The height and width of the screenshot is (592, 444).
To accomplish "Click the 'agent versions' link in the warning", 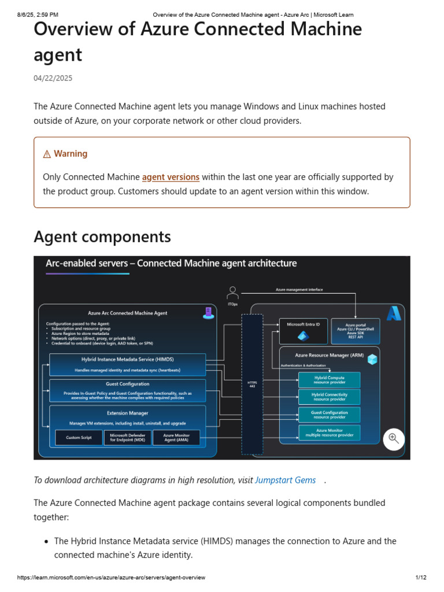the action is [171, 177].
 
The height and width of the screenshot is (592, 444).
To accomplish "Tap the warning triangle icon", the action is [47, 154].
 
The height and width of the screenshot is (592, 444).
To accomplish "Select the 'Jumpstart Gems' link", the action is [286, 480].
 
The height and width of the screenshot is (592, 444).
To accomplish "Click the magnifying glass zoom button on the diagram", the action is [394, 438].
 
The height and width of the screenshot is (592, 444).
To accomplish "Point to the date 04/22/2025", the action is [53, 78].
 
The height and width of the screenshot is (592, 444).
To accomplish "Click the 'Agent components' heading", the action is [102, 236].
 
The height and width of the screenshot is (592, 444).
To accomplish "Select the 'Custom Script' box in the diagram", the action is [79, 438].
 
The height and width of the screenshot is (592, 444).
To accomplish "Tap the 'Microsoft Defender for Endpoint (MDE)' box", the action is [127, 438].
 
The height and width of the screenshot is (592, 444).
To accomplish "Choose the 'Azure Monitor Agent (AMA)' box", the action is [176, 438].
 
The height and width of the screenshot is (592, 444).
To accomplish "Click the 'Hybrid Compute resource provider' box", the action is [329, 380].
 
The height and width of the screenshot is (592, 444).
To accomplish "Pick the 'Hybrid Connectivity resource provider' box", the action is [329, 397].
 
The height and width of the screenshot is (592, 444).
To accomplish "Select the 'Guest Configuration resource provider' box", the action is [329, 415].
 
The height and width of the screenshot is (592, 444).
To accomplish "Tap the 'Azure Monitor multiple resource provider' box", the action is [329, 432].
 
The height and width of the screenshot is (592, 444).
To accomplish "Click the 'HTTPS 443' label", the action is [252, 384].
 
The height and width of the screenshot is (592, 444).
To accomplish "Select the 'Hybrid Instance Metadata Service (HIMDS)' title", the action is [127, 359].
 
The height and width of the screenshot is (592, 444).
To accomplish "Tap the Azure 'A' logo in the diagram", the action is [394, 313].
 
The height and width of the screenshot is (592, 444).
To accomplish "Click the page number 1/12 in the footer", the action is [420, 578].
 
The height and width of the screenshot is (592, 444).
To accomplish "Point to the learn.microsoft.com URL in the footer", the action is [111, 578].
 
